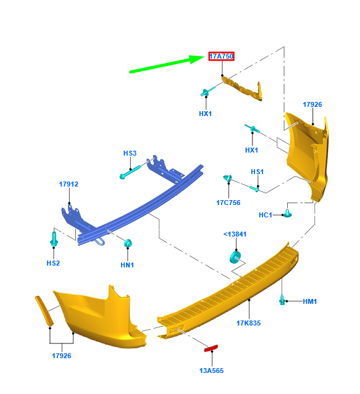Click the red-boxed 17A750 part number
(221, 56)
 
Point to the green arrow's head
(197, 59)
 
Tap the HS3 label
(130, 153)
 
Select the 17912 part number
(69, 184)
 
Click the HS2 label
(53, 263)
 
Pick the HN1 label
(127, 265)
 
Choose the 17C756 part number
(228, 203)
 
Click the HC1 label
(266, 215)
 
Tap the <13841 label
(235, 234)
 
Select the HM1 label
(310, 301)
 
